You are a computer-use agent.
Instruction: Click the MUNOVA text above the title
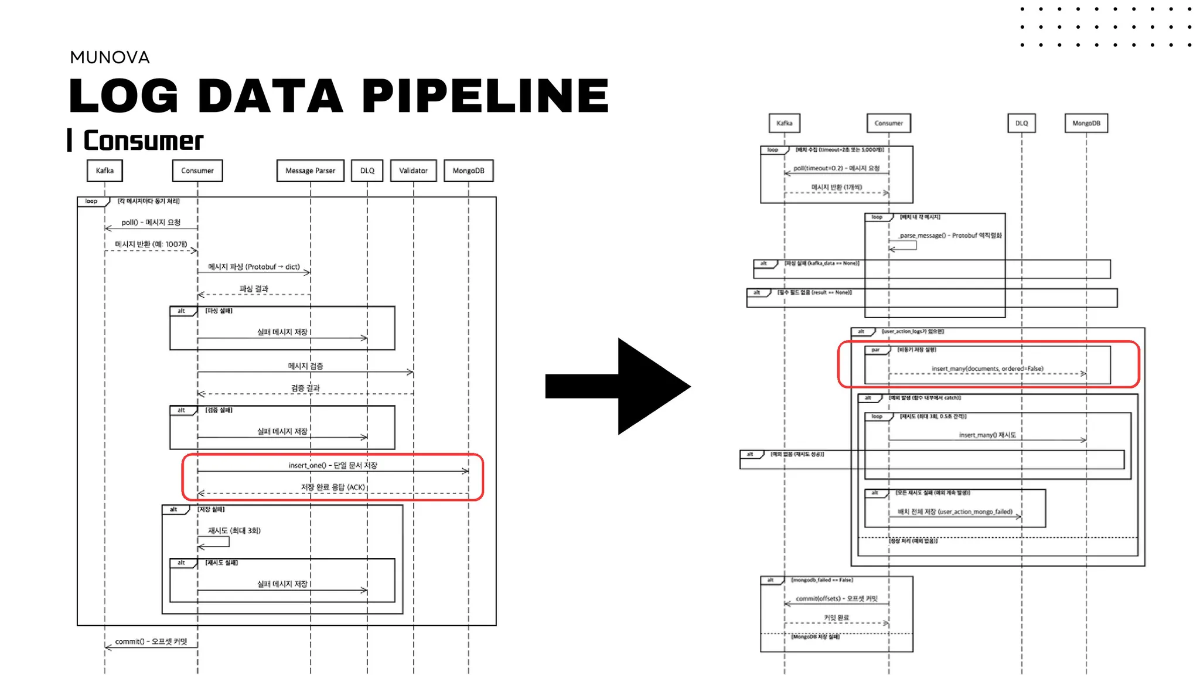click(110, 57)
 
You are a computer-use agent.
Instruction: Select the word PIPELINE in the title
click(486, 96)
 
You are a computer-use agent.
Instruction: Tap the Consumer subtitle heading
click(143, 141)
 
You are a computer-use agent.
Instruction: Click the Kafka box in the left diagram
click(105, 171)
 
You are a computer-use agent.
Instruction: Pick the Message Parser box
click(310, 171)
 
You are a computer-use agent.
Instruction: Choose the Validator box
click(413, 171)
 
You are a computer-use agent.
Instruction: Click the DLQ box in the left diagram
click(367, 171)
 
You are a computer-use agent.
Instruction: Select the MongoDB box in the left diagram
click(468, 171)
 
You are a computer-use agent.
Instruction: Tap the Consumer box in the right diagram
click(888, 123)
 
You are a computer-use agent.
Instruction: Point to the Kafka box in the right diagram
click(784, 123)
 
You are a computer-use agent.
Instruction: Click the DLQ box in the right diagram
click(1021, 123)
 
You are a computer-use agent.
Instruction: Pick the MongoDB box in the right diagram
click(1086, 123)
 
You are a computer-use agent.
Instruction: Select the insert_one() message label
click(333, 465)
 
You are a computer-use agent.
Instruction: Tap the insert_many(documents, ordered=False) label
click(987, 369)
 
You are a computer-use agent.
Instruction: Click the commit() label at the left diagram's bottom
click(151, 642)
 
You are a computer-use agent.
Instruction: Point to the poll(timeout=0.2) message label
click(836, 168)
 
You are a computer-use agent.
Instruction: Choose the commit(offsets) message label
click(836, 598)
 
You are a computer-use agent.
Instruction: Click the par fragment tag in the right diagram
click(875, 350)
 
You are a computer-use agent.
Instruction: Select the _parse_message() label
click(950, 236)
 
